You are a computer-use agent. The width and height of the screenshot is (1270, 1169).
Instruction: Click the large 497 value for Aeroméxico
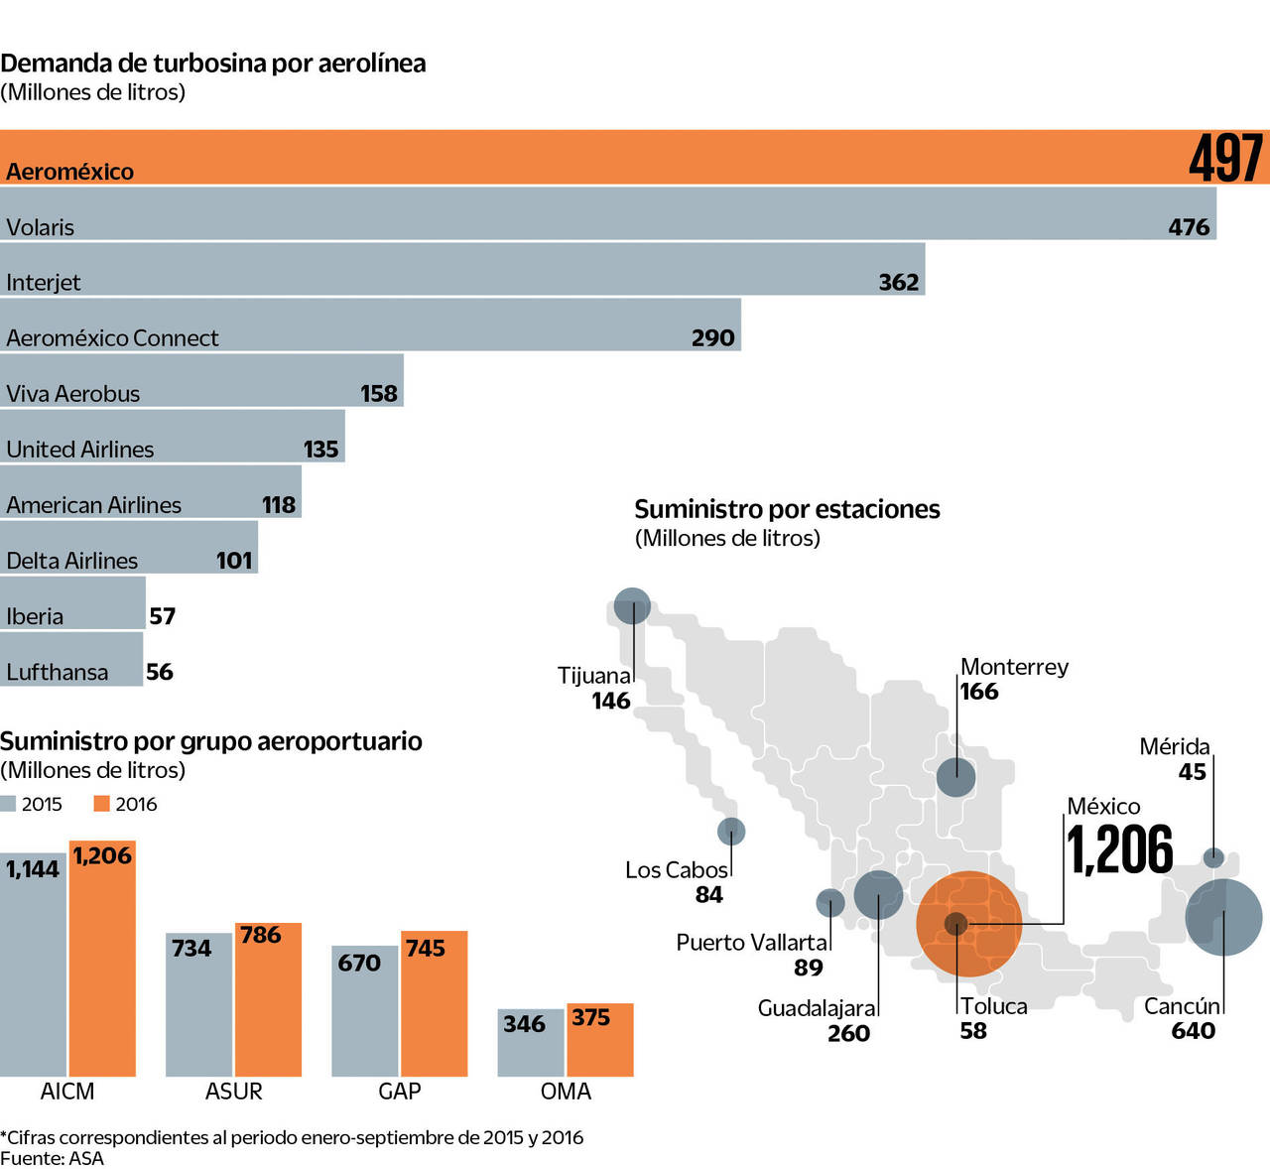click(1226, 158)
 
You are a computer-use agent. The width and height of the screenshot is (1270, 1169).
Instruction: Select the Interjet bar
click(462, 270)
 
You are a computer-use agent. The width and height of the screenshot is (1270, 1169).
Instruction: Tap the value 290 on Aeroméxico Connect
click(712, 338)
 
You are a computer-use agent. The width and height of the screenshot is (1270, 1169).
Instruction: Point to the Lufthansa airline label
click(58, 672)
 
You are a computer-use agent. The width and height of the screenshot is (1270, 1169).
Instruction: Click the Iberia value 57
click(163, 616)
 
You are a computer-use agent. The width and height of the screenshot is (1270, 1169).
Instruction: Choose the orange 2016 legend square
click(101, 804)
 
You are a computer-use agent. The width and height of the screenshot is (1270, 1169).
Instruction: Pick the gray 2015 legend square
click(9, 804)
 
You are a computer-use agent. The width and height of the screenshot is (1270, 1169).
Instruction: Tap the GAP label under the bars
click(400, 1092)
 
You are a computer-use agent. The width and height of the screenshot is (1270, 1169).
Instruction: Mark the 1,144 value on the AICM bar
click(33, 869)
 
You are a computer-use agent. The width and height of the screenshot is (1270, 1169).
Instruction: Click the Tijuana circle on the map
click(632, 605)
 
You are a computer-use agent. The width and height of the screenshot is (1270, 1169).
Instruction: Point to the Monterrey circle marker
click(955, 776)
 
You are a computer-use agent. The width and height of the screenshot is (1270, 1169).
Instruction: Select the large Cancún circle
click(1224, 917)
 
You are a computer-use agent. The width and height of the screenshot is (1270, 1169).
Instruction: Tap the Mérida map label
click(1174, 746)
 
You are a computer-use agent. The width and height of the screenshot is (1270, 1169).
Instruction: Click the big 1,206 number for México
click(1120, 849)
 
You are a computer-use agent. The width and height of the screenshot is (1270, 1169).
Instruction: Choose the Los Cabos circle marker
click(731, 831)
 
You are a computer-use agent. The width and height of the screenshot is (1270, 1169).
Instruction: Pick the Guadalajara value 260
click(848, 1033)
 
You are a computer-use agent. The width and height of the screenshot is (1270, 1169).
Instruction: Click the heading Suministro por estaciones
click(787, 509)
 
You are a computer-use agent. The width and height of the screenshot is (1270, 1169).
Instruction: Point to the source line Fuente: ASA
click(52, 1158)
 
